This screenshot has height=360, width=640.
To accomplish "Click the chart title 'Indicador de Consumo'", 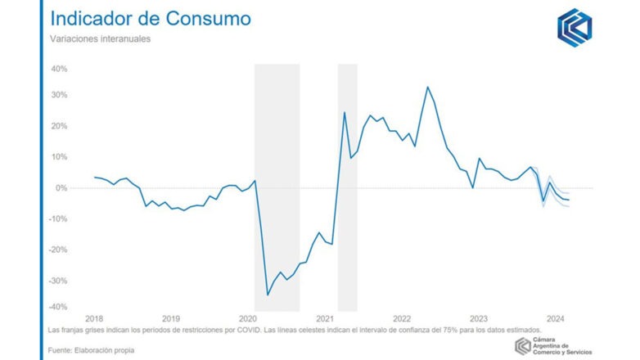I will (x=150, y=18).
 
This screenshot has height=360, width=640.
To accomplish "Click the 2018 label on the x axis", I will (x=94, y=318).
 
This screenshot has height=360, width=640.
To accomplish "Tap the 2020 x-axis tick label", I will (x=248, y=318).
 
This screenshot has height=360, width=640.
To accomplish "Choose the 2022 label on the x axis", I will (x=402, y=318).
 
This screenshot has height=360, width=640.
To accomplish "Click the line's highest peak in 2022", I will (x=427, y=87).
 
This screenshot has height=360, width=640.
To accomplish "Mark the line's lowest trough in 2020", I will (x=268, y=295).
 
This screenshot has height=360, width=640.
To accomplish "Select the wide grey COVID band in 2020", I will (x=277, y=188).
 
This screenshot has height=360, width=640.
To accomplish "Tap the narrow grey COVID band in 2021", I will (x=348, y=188).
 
